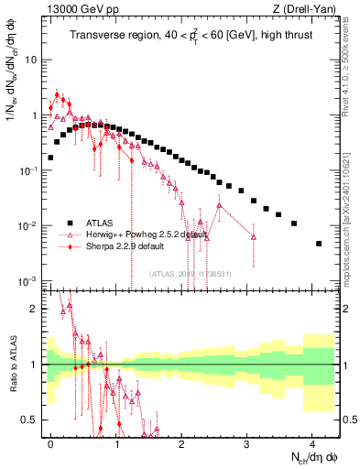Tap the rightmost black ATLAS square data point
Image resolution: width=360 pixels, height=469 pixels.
(319, 244)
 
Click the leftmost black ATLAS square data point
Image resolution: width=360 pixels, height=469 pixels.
(50, 158)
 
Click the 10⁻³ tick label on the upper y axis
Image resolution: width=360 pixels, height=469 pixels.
(27, 281)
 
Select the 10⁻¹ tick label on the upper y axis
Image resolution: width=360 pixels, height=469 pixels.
(27, 171)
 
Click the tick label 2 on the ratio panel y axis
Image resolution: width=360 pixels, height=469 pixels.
(33, 309)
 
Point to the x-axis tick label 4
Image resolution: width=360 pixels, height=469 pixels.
(312, 442)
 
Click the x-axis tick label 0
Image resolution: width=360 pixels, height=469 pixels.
(50, 442)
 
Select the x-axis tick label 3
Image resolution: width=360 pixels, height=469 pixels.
(247, 442)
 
